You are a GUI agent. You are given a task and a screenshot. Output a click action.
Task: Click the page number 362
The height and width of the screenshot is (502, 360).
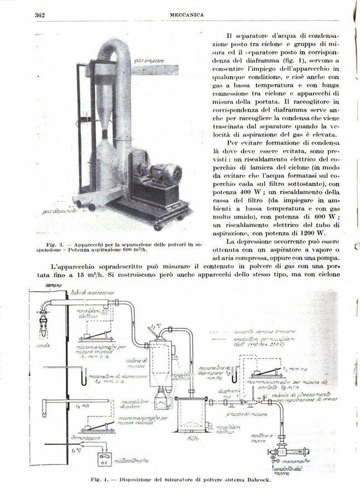click(39, 13)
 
